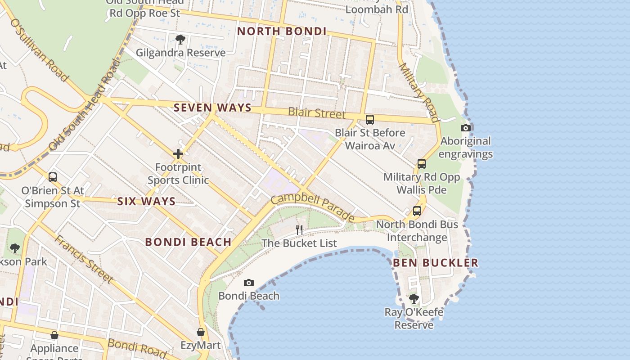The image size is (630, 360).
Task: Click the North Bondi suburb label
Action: tap(282, 31)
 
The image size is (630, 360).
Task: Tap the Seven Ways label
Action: tap(212, 108)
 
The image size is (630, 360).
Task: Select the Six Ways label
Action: tap(146, 201)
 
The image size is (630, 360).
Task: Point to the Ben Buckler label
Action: tap(436, 262)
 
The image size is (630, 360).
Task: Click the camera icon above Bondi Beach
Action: tap(248, 283)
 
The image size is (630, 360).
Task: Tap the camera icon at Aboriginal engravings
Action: tap(466, 128)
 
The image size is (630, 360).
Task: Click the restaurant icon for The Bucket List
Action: tap(299, 229)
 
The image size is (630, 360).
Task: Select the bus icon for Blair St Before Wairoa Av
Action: tap(370, 120)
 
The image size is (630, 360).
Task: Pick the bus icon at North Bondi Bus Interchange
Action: tap(417, 211)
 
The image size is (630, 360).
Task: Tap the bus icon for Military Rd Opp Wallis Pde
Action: tap(422, 164)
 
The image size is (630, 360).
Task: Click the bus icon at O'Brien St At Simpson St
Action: tap(53, 177)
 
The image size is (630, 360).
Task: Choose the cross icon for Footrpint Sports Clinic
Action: tap(178, 154)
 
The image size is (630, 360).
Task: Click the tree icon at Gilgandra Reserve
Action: tap(180, 40)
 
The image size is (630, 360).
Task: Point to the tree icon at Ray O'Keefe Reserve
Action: tap(414, 298)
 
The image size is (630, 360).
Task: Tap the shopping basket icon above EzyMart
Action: tap(201, 333)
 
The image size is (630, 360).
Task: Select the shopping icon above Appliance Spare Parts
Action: tap(54, 335)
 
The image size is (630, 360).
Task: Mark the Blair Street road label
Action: tap(317, 112)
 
